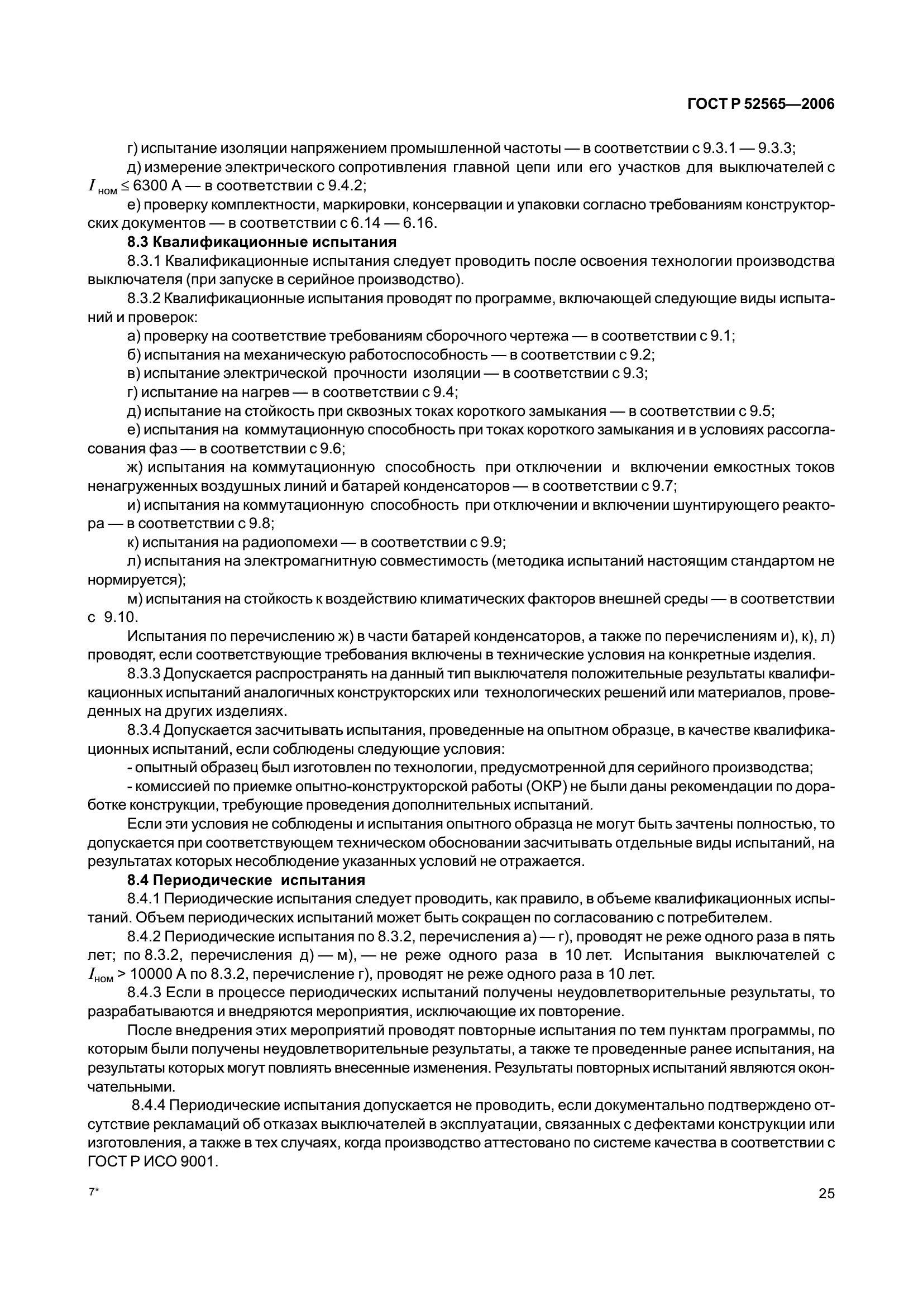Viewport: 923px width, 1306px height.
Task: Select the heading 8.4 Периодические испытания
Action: (246, 881)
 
